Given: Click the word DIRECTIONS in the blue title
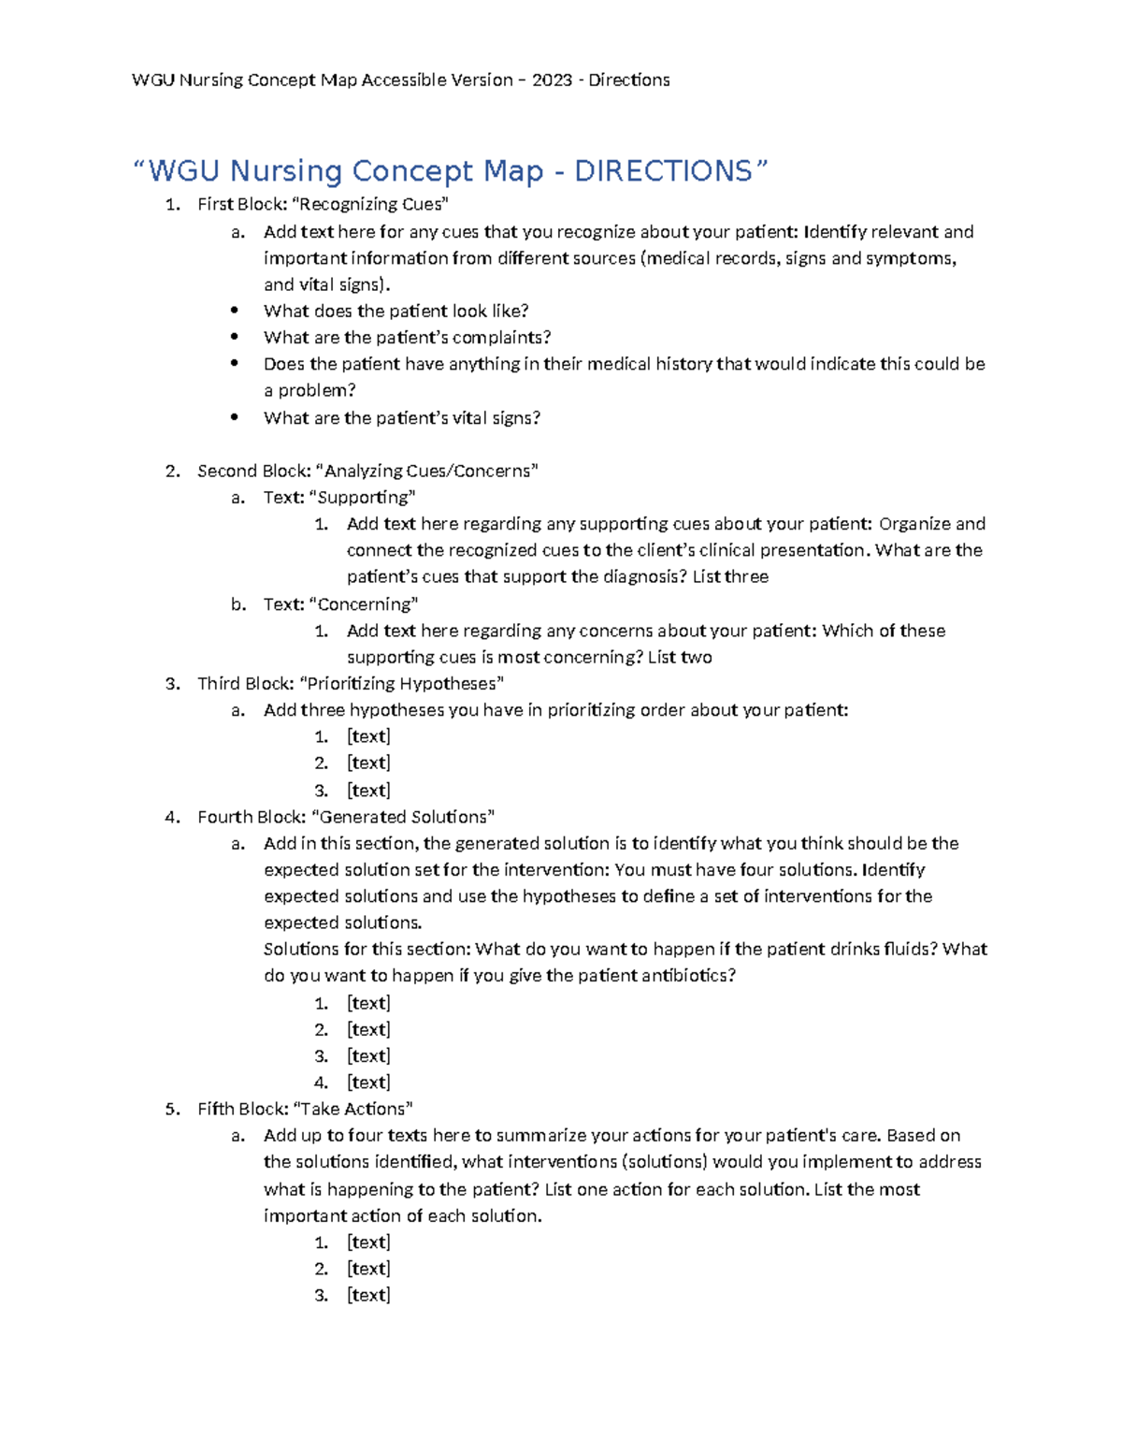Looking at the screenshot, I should pyautogui.click(x=662, y=171).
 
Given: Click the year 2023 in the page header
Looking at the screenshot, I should pyautogui.click(x=552, y=80).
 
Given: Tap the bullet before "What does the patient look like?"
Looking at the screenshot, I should pyautogui.click(x=235, y=311).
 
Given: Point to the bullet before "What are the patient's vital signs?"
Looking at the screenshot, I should pyautogui.click(x=235, y=418).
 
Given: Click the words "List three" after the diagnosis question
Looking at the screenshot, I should pyautogui.click(x=730, y=577).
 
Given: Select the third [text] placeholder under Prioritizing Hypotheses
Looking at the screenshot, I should pyautogui.click(x=368, y=791).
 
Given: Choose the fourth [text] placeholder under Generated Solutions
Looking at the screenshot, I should pyautogui.click(x=368, y=1082).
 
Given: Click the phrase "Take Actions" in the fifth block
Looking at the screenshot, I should pyautogui.click(x=352, y=1109).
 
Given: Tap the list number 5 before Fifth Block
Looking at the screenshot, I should pyautogui.click(x=171, y=1109).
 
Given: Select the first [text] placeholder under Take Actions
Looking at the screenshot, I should pyautogui.click(x=368, y=1242).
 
